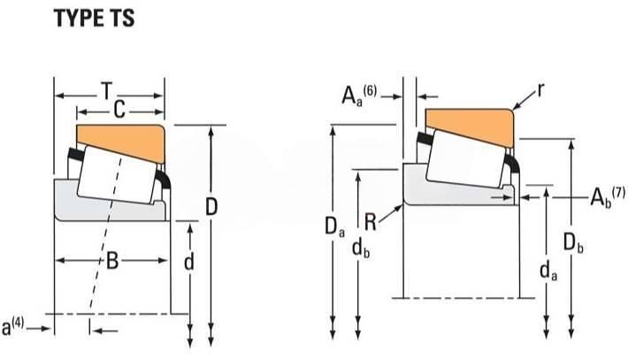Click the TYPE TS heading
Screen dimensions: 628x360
coord(95,19)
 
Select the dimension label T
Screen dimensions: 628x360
coord(106,91)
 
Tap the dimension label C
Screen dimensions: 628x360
coord(119,110)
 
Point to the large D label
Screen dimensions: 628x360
coord(211,207)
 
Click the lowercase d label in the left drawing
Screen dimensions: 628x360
coord(189,262)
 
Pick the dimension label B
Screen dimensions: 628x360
coord(112,261)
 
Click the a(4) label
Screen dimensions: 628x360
coord(12,326)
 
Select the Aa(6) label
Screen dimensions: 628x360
coord(359,96)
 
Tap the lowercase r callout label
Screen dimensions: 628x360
coord(540,90)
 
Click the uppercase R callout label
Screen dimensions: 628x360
coord(371,222)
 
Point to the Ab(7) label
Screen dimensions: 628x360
coord(607,196)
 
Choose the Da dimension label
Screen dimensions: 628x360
coord(335,227)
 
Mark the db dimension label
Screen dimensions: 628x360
coord(361,249)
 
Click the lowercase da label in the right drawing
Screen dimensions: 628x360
coord(548,271)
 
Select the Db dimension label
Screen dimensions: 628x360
coord(573,242)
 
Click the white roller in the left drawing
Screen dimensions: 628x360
coord(117,175)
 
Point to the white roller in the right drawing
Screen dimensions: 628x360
coord(465,158)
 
